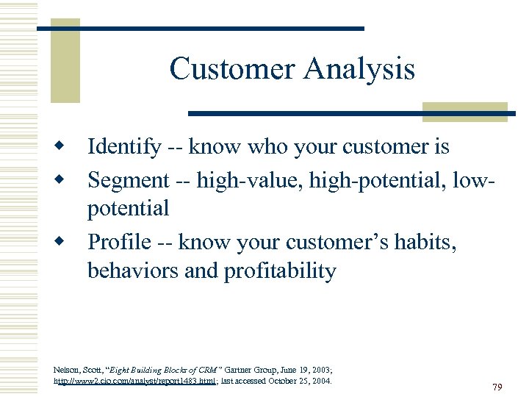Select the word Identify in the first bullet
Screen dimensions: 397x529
(123, 148)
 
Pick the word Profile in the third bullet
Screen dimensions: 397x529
(119, 242)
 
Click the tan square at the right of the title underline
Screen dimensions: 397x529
(465, 112)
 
